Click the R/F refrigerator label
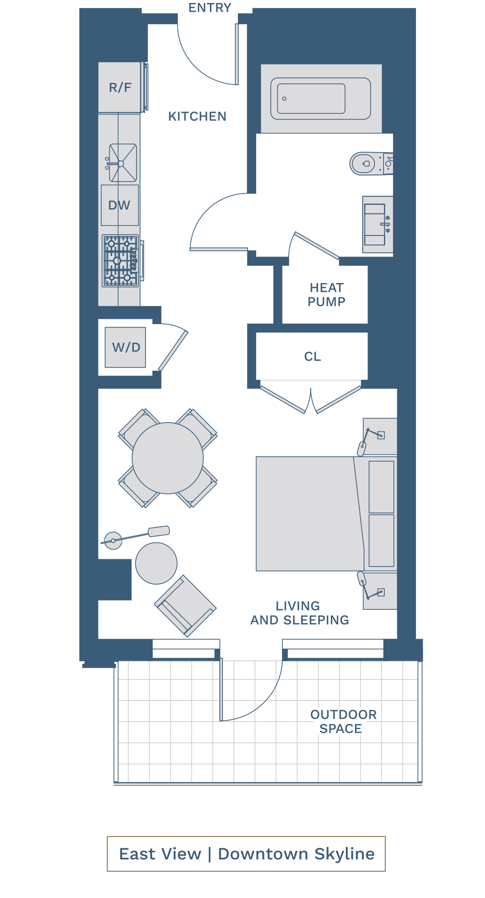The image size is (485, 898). pyautogui.click(x=120, y=88)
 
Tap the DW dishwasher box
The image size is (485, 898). pyautogui.click(x=120, y=205)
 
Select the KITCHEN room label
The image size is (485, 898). pyautogui.click(x=197, y=116)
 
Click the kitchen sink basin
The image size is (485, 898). pyautogui.click(x=123, y=163)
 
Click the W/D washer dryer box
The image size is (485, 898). pyautogui.click(x=126, y=347)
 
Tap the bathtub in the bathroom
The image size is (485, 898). pyautogui.click(x=320, y=99)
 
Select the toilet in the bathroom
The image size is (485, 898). pyautogui.click(x=367, y=163)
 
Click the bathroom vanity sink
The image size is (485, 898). pyautogui.click(x=375, y=224)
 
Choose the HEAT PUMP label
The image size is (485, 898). pyautogui.click(x=326, y=295)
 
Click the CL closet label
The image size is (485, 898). pyautogui.click(x=312, y=357)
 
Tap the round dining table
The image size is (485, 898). pyautogui.click(x=168, y=458)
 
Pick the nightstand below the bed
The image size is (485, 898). pyautogui.click(x=380, y=592)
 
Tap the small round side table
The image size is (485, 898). pyautogui.click(x=156, y=563)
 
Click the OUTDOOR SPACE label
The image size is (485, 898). pyautogui.click(x=343, y=721)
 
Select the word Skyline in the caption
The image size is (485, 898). pyautogui.click(x=344, y=854)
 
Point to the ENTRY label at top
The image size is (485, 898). pyautogui.click(x=210, y=8)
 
